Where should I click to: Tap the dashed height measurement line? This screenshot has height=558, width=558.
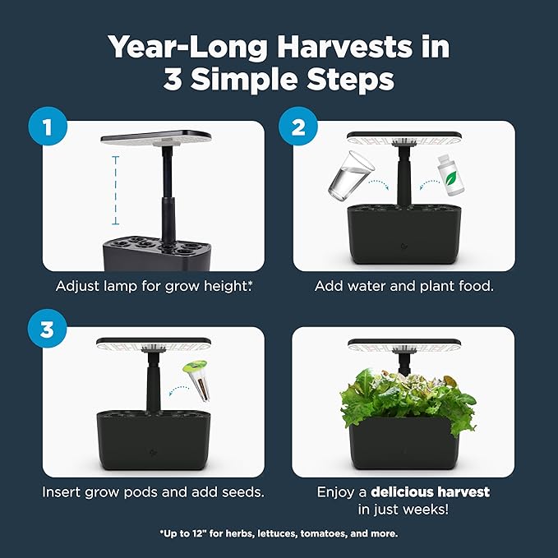point(115,188)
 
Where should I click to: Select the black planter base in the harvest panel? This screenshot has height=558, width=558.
point(403,441)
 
